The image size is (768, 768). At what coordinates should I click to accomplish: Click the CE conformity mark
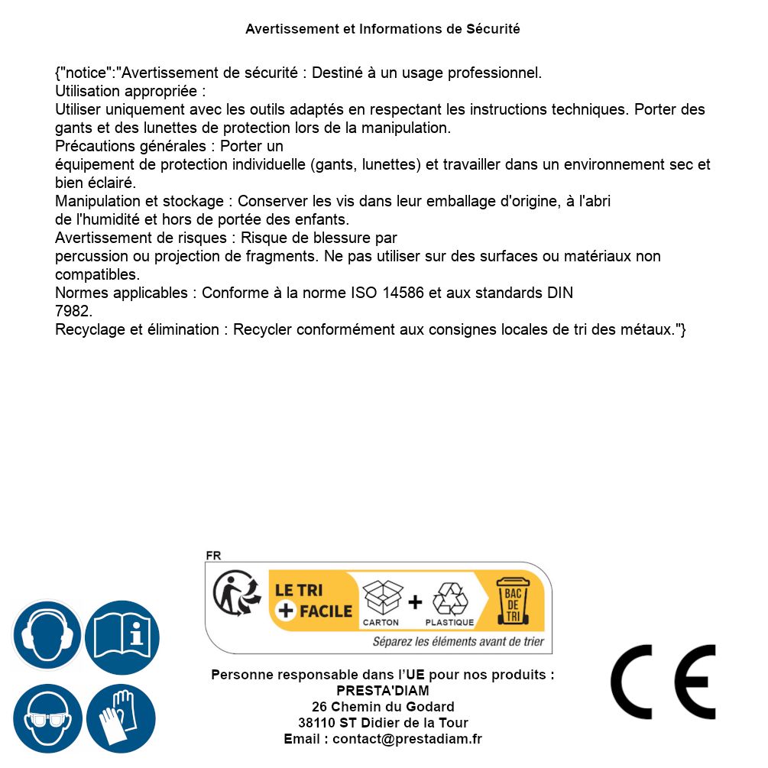[663, 682]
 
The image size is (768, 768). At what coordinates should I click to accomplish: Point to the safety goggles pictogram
[47, 719]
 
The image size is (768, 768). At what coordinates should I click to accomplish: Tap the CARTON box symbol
[381, 598]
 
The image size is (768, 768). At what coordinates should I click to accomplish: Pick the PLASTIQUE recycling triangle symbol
[449, 598]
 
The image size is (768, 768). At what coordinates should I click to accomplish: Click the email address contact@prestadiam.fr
[407, 739]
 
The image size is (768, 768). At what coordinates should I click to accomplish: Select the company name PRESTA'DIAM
[383, 691]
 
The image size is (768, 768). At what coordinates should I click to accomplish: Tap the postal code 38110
[316, 723]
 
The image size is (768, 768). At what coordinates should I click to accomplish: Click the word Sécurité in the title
[493, 29]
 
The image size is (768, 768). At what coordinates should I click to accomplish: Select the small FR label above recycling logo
[213, 556]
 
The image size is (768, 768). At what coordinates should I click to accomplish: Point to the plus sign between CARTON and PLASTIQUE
[415, 602]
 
